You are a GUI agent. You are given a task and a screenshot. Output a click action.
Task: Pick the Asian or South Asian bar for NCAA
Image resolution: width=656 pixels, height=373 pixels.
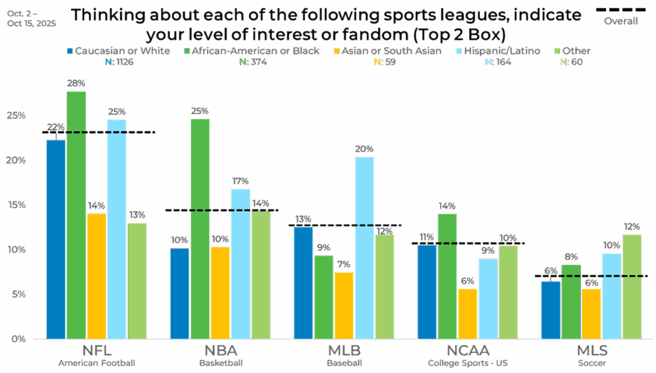[468, 313]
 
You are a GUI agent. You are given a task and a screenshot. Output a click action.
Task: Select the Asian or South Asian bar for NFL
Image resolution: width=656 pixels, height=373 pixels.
[97, 275]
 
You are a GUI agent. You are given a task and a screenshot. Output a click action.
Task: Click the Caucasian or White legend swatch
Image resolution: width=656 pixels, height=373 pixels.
[69, 51]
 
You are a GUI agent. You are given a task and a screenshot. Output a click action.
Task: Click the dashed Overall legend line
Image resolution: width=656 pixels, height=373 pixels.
[621, 10]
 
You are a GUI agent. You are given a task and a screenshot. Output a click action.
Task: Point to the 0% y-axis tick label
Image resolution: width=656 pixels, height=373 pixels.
[17, 338]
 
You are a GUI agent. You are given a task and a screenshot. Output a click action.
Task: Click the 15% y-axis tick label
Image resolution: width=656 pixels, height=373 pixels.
[17, 204]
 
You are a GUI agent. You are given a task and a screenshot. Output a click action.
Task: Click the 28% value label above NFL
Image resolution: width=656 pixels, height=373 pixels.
[76, 83]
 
